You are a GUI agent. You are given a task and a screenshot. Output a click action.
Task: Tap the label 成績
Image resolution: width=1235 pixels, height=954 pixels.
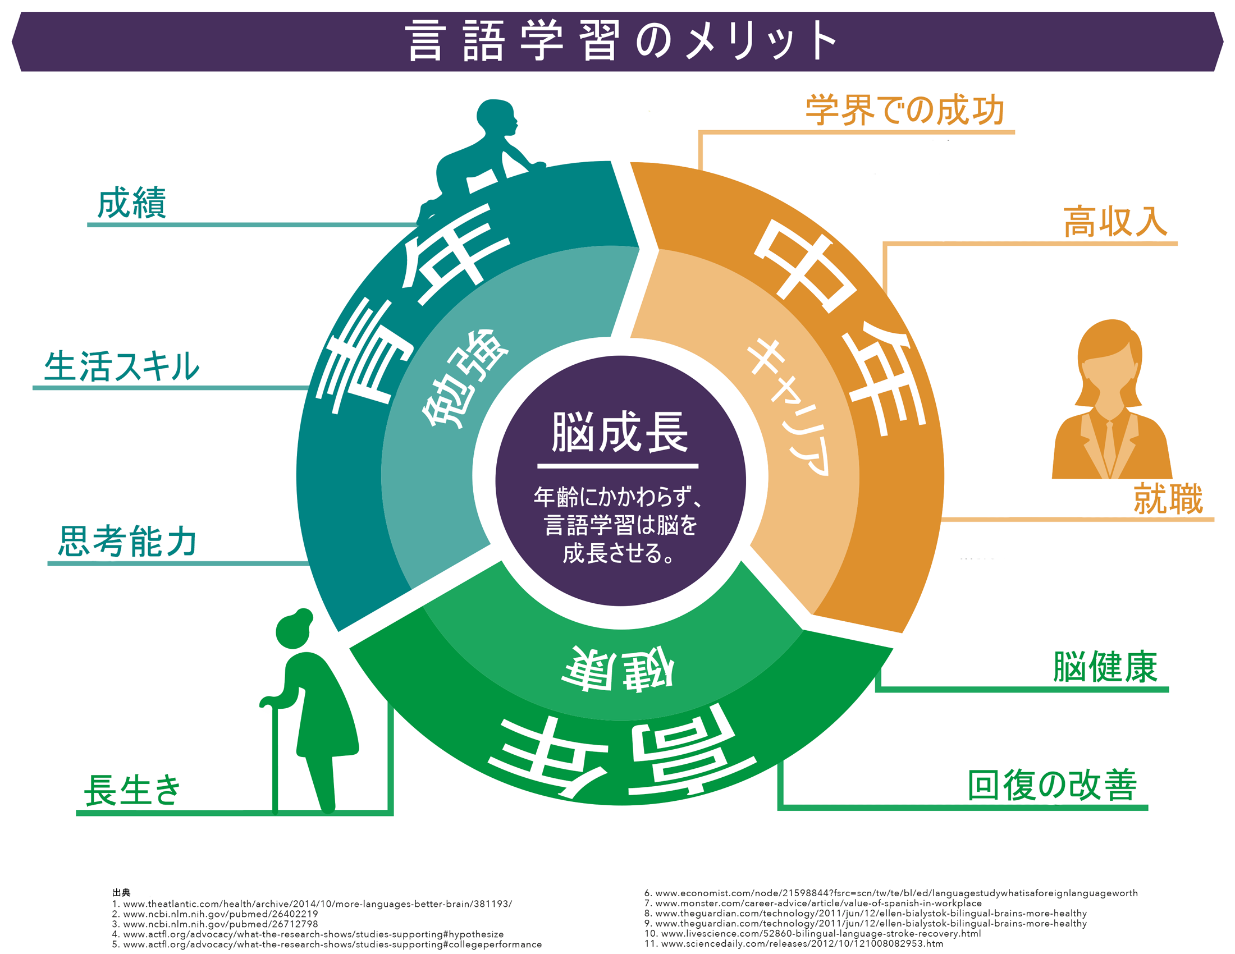[x=132, y=203]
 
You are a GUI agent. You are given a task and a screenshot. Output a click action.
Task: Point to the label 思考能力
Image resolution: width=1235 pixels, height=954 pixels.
[x=128, y=542]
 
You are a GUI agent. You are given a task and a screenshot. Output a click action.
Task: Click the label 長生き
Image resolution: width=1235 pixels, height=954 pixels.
[x=132, y=790]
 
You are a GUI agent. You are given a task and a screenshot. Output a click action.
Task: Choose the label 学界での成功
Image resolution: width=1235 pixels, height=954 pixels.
[x=905, y=110]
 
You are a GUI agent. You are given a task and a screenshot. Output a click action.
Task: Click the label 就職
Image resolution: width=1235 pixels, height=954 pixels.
[x=1168, y=499]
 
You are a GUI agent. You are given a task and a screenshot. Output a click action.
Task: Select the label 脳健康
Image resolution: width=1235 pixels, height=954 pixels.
[x=1105, y=667]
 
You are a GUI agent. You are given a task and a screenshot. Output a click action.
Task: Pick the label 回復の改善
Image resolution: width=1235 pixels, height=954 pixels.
[x=1053, y=786]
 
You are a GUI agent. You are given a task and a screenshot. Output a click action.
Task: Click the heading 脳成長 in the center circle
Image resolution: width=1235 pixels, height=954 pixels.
[x=620, y=432]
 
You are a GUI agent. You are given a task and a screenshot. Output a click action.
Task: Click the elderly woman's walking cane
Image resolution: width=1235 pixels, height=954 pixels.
[x=275, y=758]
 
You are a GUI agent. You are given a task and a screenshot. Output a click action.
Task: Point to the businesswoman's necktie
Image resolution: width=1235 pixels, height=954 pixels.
[x=1110, y=447]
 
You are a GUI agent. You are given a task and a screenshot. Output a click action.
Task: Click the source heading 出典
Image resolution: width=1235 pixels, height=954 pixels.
[x=121, y=892]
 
